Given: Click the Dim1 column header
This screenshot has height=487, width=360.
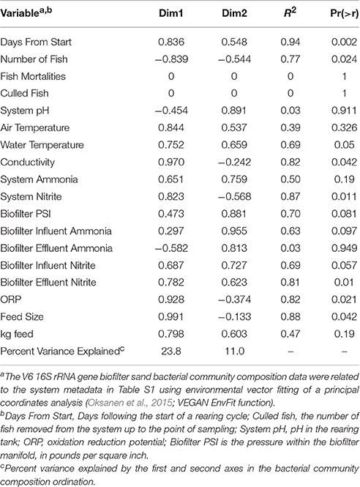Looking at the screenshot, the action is click(x=171, y=14).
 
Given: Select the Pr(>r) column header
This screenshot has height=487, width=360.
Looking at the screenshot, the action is click(x=344, y=14).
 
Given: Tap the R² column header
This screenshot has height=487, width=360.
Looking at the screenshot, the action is click(x=290, y=13).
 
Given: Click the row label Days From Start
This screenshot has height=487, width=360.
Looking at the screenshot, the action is click(x=36, y=42).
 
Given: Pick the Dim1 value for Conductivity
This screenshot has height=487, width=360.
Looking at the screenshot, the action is click(x=171, y=162).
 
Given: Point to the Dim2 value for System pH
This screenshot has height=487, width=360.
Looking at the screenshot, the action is click(x=234, y=111).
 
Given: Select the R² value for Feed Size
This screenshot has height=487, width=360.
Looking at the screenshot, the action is click(x=290, y=317).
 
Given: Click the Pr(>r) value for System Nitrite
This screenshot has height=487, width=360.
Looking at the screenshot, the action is click(x=344, y=196).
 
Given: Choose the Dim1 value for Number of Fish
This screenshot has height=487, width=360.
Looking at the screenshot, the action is click(x=171, y=59).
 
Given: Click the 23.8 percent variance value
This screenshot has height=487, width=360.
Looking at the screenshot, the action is click(x=171, y=352).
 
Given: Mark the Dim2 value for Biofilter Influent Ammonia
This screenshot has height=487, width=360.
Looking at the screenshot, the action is click(x=234, y=231).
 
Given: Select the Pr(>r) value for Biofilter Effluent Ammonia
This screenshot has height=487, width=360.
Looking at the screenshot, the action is click(x=344, y=248).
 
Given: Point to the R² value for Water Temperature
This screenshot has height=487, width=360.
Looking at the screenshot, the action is click(x=290, y=145).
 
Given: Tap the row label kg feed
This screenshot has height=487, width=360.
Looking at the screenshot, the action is click(x=17, y=334).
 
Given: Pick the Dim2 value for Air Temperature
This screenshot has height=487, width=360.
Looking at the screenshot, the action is click(x=234, y=127).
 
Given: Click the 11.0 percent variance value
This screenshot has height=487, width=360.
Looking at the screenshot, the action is click(x=234, y=352).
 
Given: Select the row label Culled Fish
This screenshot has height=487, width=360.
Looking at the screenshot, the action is click(x=25, y=93).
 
